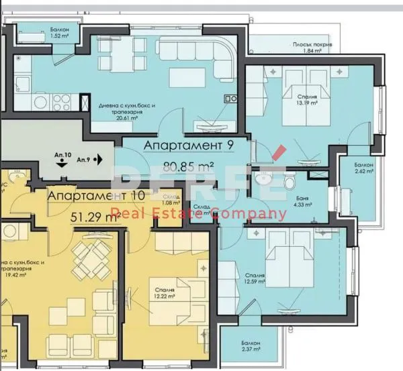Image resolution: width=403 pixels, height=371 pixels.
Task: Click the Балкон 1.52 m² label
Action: pyautogui.click(x=59, y=34)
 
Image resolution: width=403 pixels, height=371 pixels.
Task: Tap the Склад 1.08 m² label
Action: pyautogui.click(x=172, y=199)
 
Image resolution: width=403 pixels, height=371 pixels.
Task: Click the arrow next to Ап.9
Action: pyautogui.click(x=98, y=160)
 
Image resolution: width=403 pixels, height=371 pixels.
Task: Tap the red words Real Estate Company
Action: pyautogui.click(x=198, y=215)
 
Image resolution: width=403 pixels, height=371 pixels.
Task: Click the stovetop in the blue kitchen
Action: pyautogui.click(x=62, y=103)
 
